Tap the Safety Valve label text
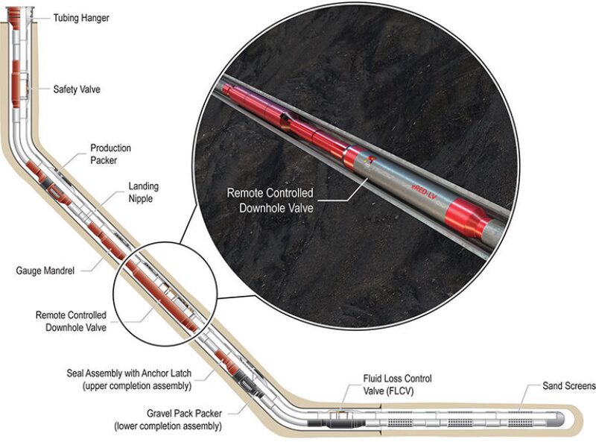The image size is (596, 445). click(x=77, y=89)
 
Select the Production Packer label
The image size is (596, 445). click(x=108, y=154)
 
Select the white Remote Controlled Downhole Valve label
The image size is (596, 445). click(x=270, y=201)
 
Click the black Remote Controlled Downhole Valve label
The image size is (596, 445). click(x=71, y=321)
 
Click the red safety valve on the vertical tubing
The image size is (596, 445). click(x=19, y=78)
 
